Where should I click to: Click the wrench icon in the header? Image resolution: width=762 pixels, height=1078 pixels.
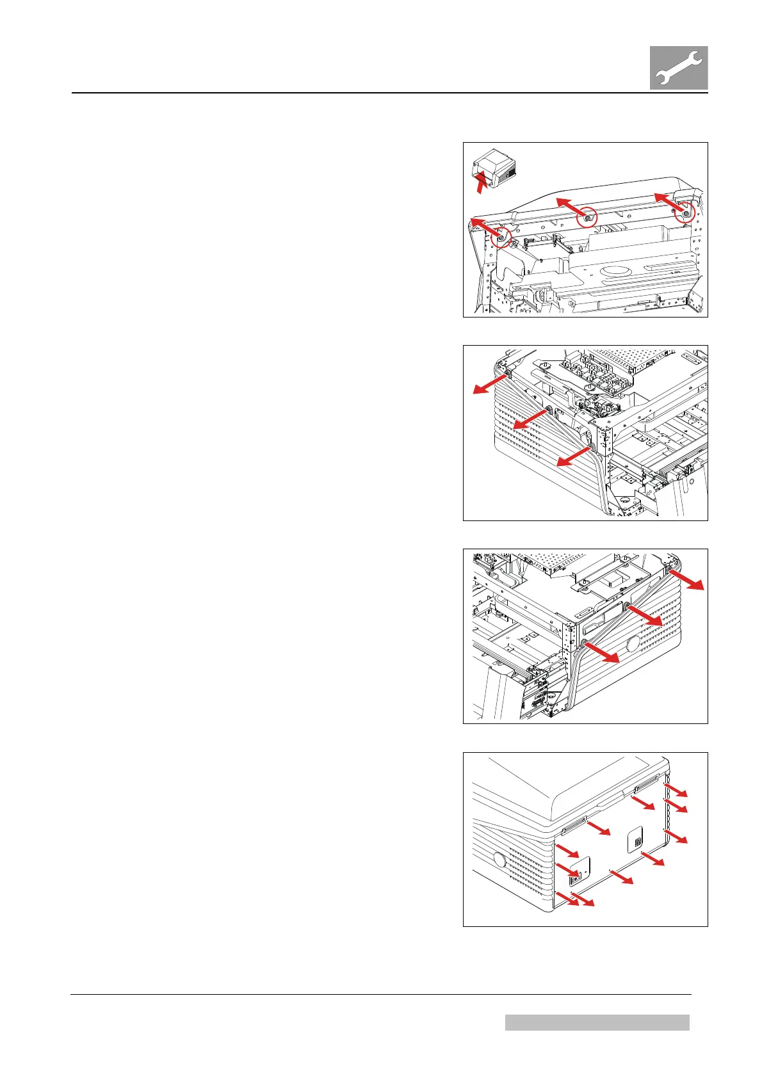(679, 67)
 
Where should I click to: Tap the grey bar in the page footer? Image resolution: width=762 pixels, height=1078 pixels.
(597, 1022)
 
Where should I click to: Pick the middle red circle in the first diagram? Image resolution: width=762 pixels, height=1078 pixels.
(587, 218)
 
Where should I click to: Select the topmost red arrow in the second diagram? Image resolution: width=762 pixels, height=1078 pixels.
(489, 383)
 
